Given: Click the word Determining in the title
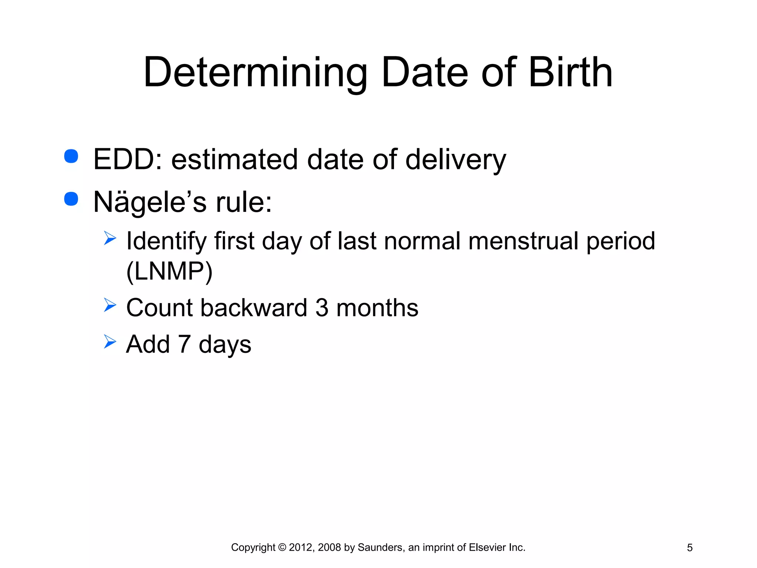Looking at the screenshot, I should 255,73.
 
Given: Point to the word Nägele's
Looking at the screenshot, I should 150,203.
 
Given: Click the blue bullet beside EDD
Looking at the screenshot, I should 71,156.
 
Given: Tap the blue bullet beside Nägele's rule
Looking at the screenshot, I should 71,199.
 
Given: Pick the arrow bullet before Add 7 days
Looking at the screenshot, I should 110,341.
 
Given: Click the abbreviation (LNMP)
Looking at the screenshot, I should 169,272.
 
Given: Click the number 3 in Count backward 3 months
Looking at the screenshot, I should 322,308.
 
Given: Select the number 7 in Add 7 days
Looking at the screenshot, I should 184,344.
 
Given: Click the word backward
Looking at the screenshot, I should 254,308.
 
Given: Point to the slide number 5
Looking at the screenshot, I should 689,548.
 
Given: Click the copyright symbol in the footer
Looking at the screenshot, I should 282,547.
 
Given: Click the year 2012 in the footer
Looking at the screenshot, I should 300,547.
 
